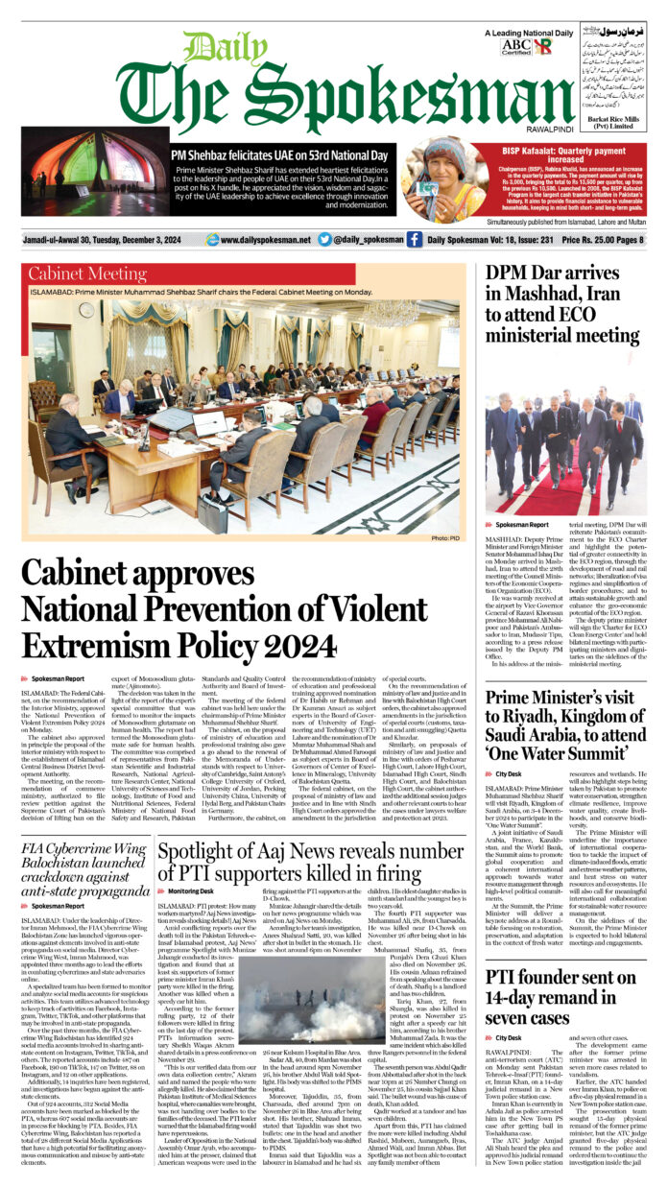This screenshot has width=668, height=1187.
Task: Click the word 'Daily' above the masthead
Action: [x=214, y=49]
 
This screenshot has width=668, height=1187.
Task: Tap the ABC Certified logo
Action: [x=516, y=46]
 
